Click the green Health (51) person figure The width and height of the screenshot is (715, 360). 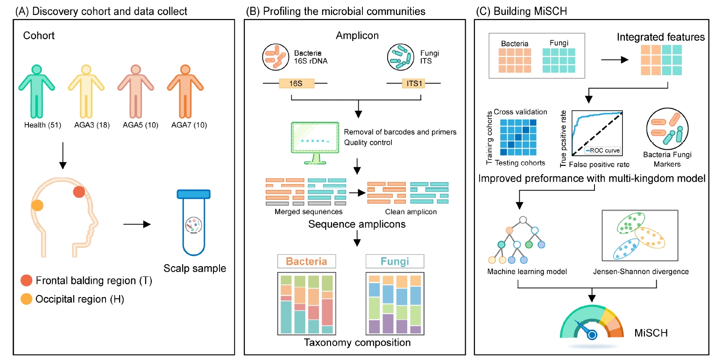37,91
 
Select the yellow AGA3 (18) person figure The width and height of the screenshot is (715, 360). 86,91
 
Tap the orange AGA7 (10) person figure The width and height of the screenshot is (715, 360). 185,91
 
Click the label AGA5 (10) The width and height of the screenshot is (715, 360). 135,125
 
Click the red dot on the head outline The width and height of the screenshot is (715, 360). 78,192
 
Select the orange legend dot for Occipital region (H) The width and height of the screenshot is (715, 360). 27,299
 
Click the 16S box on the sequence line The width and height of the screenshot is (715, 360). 296,84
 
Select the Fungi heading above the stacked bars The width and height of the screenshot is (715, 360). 395,261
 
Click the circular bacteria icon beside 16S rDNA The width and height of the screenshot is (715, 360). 276,57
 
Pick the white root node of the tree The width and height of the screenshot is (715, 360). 524,219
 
